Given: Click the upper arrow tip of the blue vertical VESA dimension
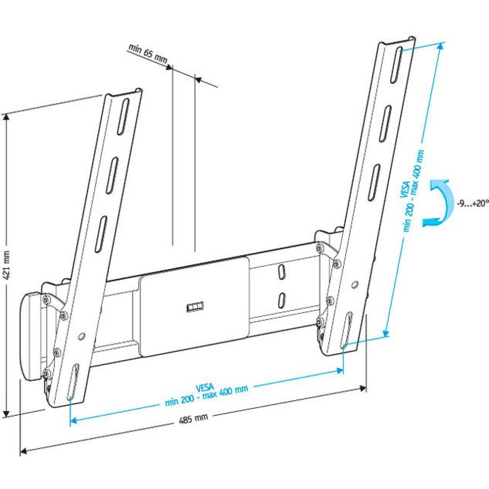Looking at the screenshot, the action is coord(442,43).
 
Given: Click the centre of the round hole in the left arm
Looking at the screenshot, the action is coord(82,336).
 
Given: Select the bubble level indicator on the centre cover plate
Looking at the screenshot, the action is coord(195,307).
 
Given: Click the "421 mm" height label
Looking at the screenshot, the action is coord(7,266).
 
